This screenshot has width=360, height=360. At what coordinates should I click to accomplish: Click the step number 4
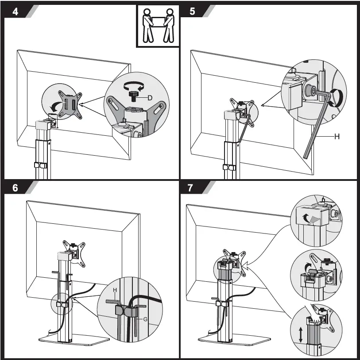pos(15,12)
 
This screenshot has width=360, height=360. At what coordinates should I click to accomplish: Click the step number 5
pos(192,12)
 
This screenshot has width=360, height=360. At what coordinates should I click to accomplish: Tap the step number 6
pos(15,188)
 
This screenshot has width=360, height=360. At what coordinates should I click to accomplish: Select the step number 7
pos(191,188)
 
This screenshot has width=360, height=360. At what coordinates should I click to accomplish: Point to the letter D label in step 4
pos(150,97)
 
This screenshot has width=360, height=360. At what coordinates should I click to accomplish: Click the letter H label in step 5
pos(337,137)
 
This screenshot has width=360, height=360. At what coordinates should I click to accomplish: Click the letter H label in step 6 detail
pos(114,290)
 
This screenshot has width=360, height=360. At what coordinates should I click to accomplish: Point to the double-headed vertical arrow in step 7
pos(301,334)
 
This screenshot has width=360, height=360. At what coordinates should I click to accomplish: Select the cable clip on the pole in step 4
pos(41,166)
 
